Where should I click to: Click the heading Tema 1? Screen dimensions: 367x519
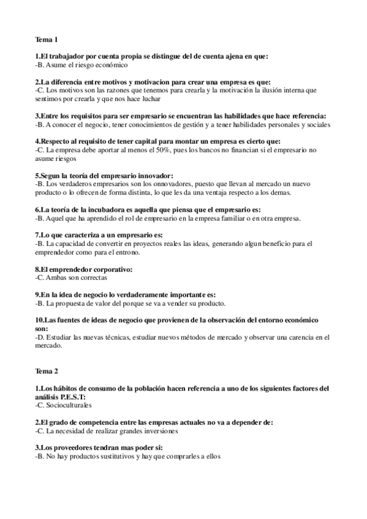[47, 40]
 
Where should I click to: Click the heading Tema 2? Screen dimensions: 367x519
[47, 372]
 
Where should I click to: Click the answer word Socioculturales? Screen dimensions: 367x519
[67, 405]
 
